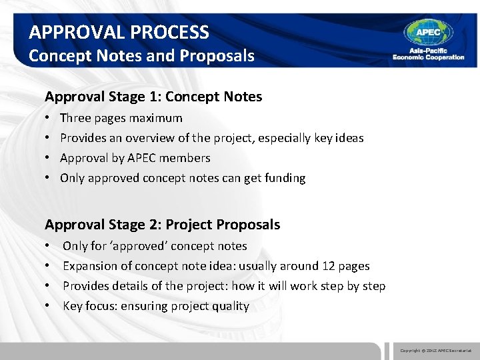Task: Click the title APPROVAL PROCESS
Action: [x=119, y=32]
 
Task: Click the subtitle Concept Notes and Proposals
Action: [x=141, y=55]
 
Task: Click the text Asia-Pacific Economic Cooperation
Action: [x=428, y=55]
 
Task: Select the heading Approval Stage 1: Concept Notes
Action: [x=153, y=97]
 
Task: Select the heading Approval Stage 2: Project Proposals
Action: [x=162, y=225]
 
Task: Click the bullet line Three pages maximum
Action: [x=121, y=118]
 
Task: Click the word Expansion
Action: [x=89, y=266]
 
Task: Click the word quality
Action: [x=231, y=306]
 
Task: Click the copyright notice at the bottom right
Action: [x=435, y=350]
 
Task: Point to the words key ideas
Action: [x=339, y=138]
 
